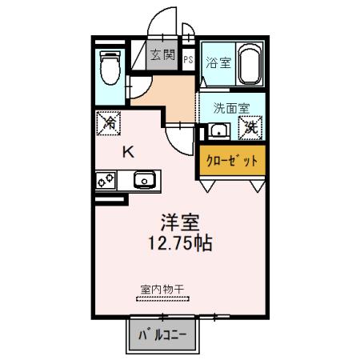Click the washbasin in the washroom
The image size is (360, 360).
click(x=218, y=131)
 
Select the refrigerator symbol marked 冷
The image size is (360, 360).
click(x=110, y=123)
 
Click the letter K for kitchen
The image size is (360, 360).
click(x=128, y=153)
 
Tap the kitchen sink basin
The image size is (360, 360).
click(x=144, y=180)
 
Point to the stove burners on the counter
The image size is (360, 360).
click(x=104, y=181)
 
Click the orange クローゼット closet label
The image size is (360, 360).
click(x=232, y=160)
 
